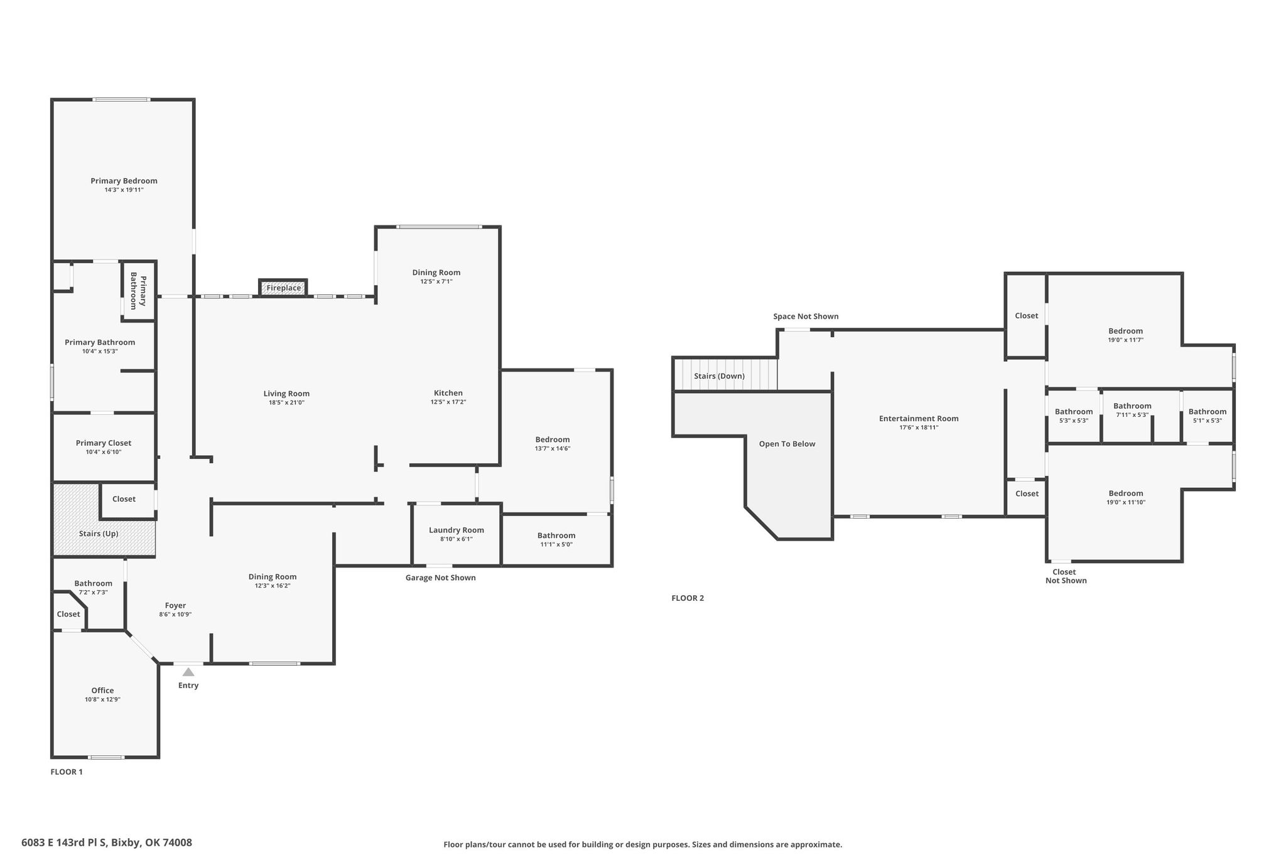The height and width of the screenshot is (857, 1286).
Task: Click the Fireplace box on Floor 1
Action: click(x=283, y=288)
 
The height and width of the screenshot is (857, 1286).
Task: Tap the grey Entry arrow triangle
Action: click(x=188, y=672)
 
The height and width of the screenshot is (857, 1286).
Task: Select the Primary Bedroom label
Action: click(x=124, y=181)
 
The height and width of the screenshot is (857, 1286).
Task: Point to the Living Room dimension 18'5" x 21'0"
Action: click(x=286, y=403)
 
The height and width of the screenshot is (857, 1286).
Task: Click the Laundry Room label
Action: click(x=457, y=530)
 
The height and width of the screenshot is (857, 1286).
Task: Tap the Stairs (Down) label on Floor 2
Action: click(x=719, y=376)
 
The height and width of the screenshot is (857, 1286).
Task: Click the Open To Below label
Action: click(x=787, y=444)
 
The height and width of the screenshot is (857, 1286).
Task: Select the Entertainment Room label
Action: click(x=919, y=419)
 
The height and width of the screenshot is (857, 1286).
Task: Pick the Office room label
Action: click(x=103, y=691)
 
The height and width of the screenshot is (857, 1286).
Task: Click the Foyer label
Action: click(x=175, y=606)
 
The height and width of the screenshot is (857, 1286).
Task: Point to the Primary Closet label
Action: click(x=104, y=443)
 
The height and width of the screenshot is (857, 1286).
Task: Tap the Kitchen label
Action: click(x=448, y=393)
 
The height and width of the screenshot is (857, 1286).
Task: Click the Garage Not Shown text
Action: click(x=441, y=578)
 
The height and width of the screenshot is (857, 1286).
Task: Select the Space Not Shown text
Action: click(x=806, y=316)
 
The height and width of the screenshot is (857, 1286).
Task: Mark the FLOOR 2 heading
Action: click(x=688, y=598)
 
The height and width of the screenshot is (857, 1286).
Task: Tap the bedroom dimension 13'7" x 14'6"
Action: click(x=553, y=448)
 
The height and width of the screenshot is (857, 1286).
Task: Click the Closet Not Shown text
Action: click(x=1066, y=576)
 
